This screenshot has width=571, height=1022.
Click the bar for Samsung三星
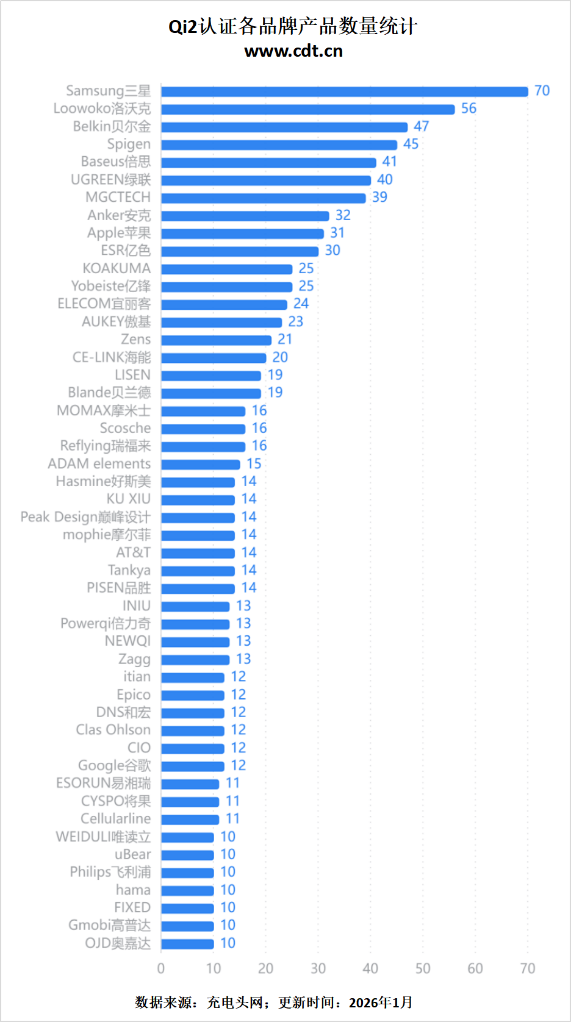pos(344,91)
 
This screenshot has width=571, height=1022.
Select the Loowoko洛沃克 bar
pos(307,109)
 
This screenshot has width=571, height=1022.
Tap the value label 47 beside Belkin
pos(422,126)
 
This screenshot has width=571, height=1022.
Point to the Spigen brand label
pos(129,144)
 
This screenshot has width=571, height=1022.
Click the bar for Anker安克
pos(245,216)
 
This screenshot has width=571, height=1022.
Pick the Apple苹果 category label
pos(119,233)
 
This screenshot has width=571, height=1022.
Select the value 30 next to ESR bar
pos(332,251)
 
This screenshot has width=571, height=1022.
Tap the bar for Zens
pos(216,340)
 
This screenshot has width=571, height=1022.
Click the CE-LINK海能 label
pos(112,357)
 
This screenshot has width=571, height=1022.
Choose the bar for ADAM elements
pos(200,465)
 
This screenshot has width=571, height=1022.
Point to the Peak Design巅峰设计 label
pos(85,517)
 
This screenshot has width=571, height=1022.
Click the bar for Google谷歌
pos(192,766)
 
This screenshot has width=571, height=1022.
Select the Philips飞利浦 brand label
pos(110,872)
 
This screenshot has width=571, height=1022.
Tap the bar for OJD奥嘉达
pos(187,944)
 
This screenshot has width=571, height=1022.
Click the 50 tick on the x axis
pos(423,968)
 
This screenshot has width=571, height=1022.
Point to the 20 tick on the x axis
pos(265,968)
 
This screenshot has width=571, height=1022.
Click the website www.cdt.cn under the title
pos(293,51)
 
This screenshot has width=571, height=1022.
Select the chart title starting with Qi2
pos(293,26)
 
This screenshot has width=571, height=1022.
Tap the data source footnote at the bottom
pos(274,1002)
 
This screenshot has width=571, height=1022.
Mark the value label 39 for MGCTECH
pos(379,197)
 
